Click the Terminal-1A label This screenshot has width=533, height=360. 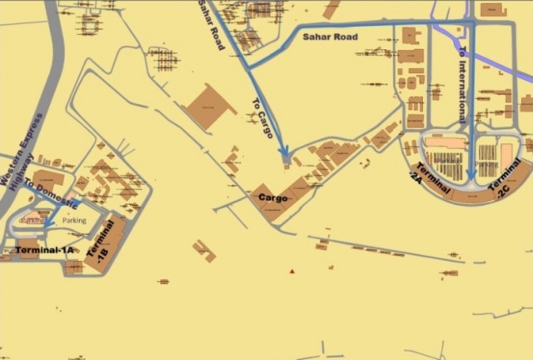tap(44, 249)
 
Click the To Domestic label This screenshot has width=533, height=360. tap(52, 194)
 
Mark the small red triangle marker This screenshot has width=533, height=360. tap(291, 271)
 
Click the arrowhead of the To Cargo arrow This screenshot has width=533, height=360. tap(284, 153)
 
